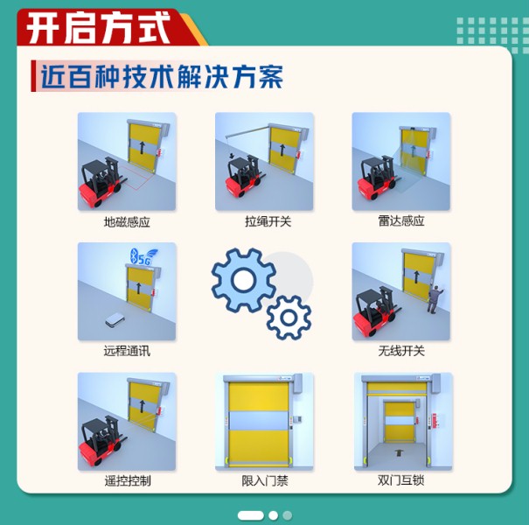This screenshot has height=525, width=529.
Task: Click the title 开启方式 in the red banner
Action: [98, 29]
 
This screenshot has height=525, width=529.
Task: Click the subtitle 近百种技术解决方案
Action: [161, 77]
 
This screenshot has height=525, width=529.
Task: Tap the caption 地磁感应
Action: [127, 222]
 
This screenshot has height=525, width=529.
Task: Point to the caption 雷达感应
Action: [401, 221]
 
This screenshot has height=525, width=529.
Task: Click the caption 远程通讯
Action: [127, 351]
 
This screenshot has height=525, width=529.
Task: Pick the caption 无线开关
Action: [401, 351]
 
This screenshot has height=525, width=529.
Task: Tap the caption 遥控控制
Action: [127, 480]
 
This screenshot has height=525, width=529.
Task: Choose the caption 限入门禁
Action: [264, 480]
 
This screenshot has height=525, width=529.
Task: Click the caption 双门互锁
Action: [401, 480]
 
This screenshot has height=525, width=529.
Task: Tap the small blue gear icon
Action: [288, 318]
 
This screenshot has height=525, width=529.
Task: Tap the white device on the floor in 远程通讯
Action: [113, 320]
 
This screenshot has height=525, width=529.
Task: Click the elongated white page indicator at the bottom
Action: [250, 515]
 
